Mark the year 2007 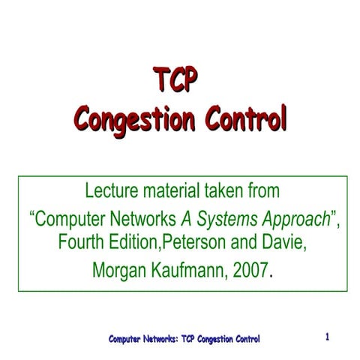point(248,268)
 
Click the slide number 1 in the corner point(328,337)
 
